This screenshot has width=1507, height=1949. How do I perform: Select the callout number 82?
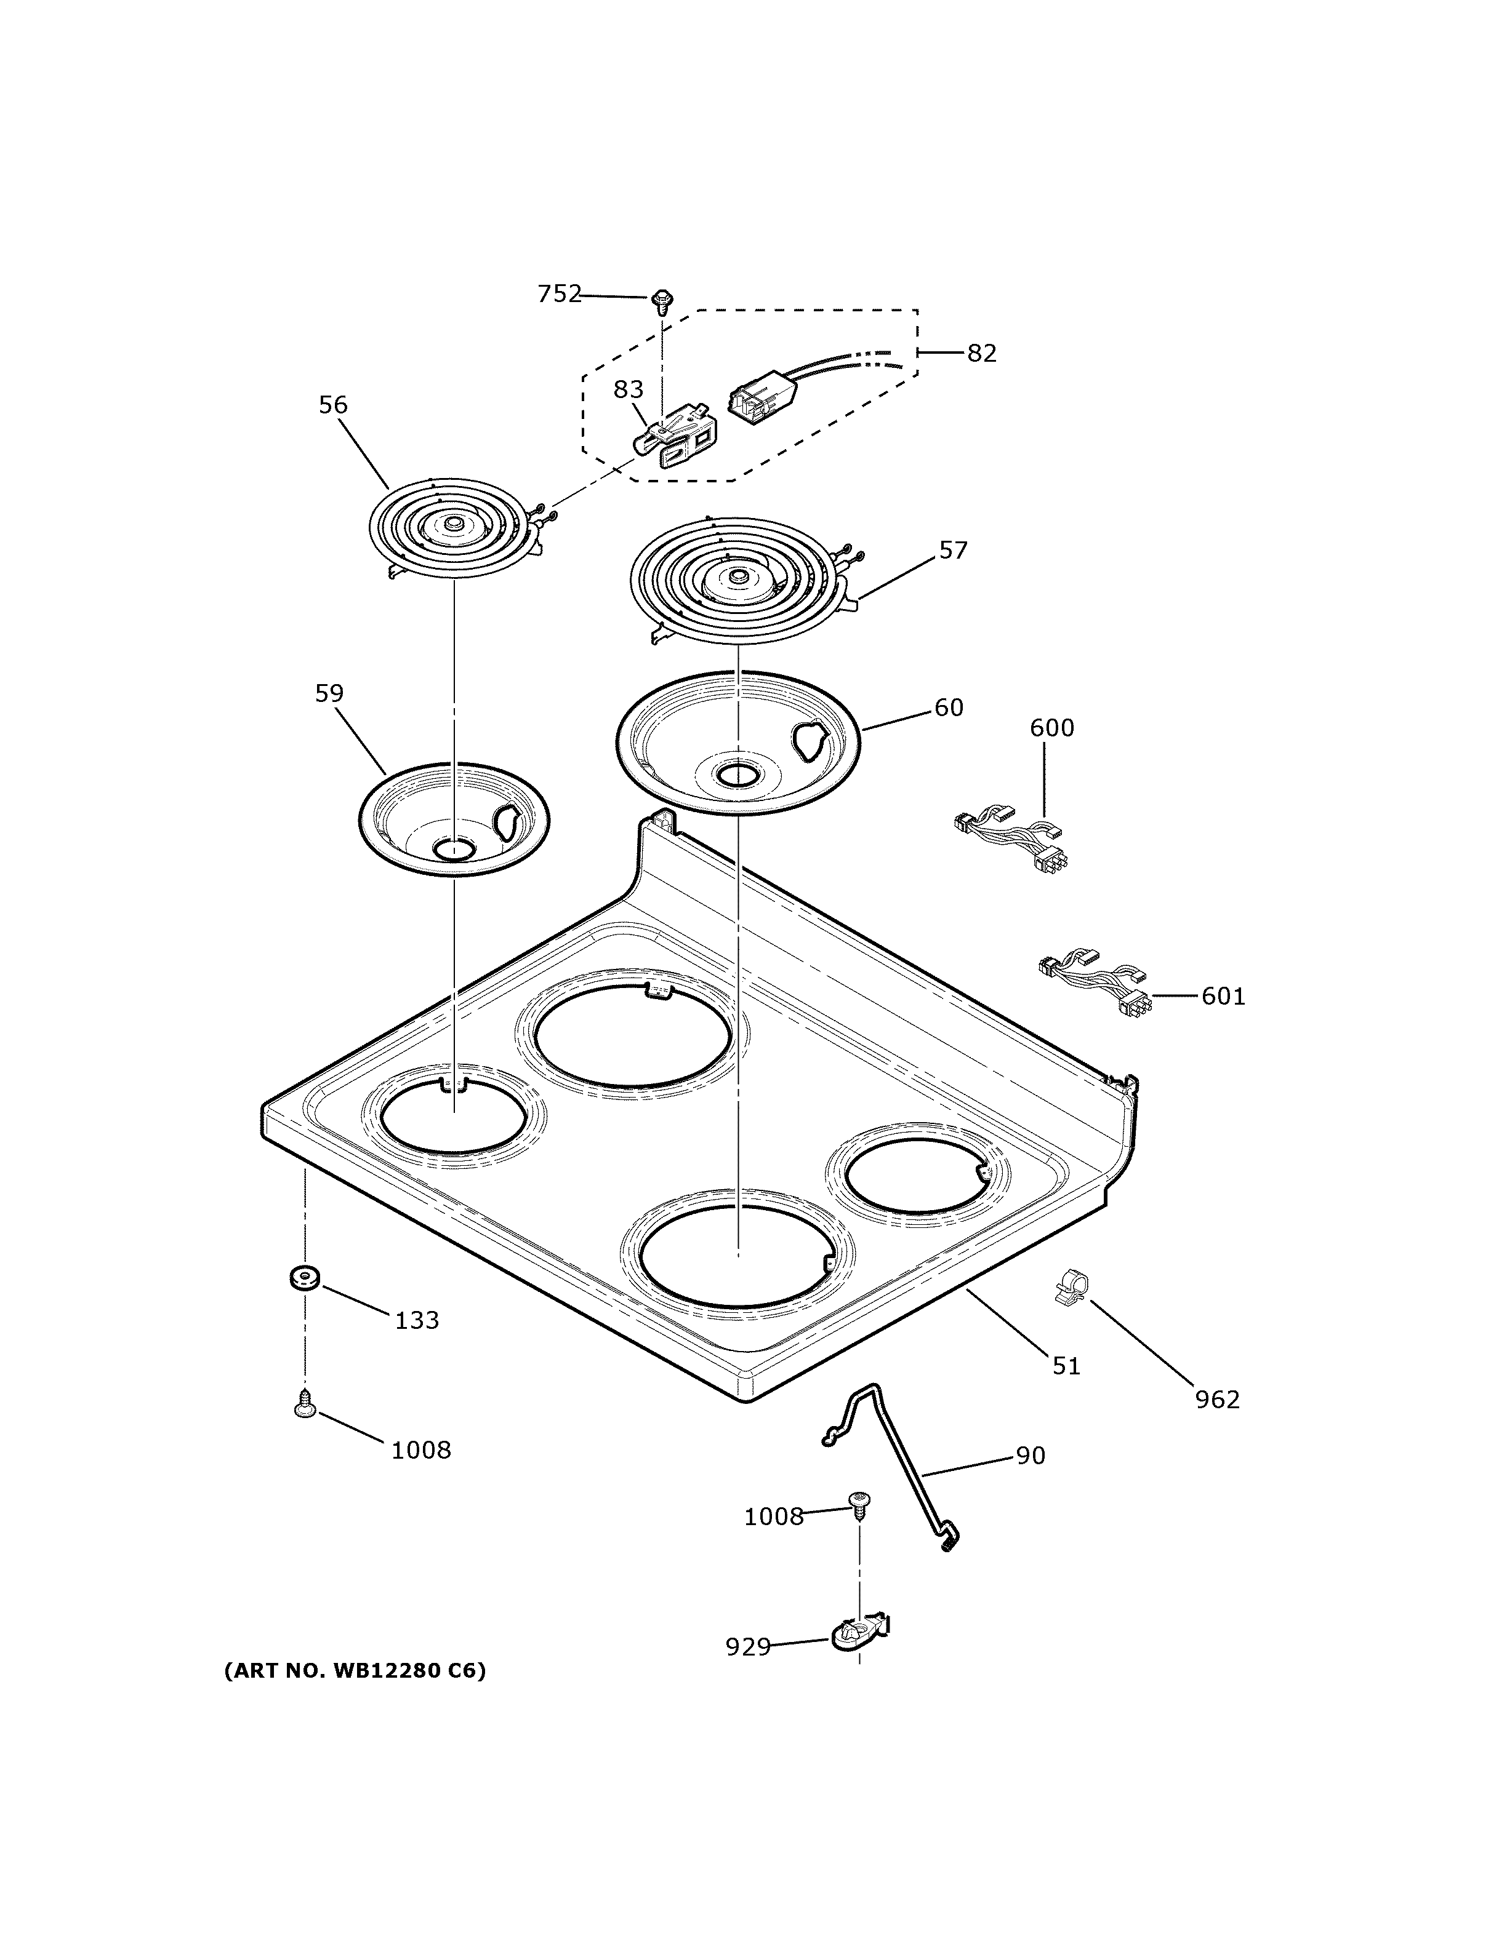pos(981,353)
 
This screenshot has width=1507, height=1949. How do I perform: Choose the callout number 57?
pos(952,551)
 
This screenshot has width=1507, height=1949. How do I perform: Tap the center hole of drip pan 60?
pos(737,775)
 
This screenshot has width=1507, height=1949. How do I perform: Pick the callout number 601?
pos(1223,996)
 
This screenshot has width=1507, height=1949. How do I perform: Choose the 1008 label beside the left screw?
pos(420,1450)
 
